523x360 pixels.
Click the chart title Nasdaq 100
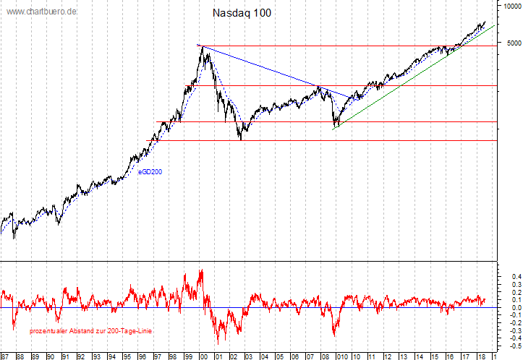click(x=242, y=13)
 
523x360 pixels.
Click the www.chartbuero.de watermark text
click(x=42, y=13)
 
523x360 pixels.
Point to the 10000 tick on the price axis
click(x=509, y=5)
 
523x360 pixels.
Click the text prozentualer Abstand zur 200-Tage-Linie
click(x=90, y=330)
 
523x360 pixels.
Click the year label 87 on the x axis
click(x=5, y=356)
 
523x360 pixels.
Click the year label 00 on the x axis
click(x=203, y=356)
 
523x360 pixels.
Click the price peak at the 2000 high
click(x=200, y=46)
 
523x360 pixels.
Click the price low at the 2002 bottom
click(x=240, y=139)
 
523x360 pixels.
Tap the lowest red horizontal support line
click(x=326, y=141)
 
